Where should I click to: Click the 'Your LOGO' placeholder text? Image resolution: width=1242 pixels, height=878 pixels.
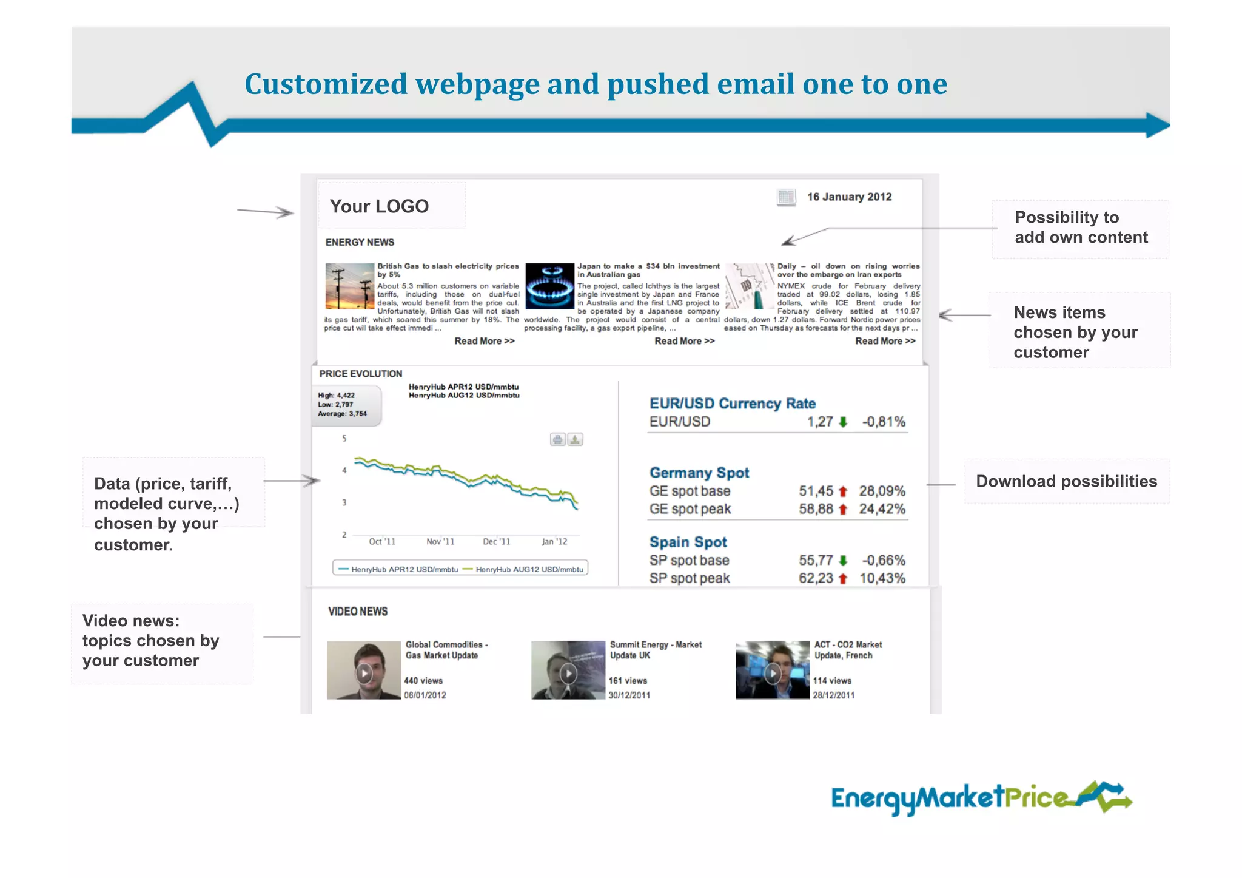379,206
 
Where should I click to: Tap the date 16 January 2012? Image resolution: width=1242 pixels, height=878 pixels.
849,197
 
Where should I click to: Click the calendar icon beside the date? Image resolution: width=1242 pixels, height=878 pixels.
786,197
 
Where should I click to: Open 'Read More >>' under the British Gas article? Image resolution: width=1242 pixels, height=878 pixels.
485,341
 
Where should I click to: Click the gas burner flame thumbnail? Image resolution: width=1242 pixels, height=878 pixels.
549,286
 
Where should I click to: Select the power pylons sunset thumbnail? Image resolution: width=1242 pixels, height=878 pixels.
349,286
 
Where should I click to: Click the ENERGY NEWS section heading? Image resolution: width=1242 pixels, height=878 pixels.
360,242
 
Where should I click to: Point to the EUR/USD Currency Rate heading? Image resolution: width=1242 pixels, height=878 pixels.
732,404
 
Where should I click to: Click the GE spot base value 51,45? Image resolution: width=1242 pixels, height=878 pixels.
816,491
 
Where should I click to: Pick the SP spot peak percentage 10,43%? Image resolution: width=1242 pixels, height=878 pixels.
882,578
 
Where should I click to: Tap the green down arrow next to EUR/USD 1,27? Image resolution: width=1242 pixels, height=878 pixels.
843,422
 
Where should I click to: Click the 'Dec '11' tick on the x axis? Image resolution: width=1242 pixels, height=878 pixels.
496,541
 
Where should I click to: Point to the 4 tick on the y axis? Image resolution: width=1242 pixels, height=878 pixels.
344,470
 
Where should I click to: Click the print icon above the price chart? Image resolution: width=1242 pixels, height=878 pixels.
557,439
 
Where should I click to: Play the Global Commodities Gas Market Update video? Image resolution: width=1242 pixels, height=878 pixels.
364,673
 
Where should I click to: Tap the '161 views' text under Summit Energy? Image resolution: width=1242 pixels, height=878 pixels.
628,681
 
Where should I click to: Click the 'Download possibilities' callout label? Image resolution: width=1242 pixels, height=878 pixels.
1066,481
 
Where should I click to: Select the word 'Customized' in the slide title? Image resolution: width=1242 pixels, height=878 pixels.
326,84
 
